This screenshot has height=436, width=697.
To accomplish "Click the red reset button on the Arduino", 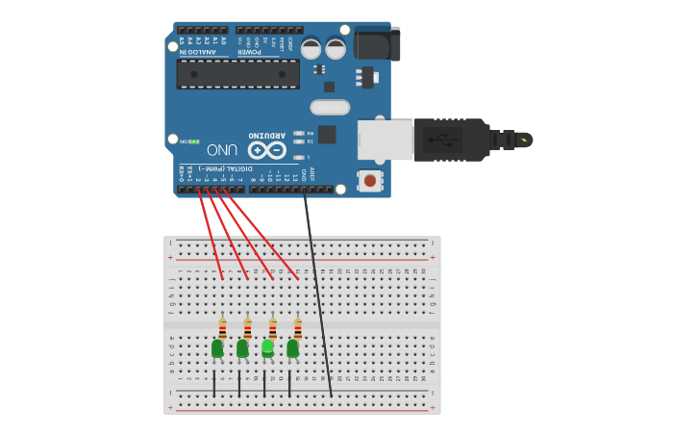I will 369,180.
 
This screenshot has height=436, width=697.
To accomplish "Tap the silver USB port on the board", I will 385,140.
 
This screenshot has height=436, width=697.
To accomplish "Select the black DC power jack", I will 376,44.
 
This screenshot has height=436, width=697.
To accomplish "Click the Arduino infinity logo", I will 266,150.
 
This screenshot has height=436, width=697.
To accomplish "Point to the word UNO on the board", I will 222,150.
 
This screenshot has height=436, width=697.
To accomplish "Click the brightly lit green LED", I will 267,347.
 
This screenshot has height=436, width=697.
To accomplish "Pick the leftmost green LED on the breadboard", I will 217,347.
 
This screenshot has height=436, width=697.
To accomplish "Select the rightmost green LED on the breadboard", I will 292,347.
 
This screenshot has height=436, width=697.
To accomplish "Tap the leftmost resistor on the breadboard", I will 222,328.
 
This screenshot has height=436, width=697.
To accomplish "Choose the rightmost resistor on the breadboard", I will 297,328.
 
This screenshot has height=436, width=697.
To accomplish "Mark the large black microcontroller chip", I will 237,74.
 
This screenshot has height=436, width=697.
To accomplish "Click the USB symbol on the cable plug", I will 449,140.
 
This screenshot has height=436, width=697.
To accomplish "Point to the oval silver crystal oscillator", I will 330,107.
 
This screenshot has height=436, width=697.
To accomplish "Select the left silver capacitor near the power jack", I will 311,47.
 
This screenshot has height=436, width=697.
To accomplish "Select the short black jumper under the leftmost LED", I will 214,382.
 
